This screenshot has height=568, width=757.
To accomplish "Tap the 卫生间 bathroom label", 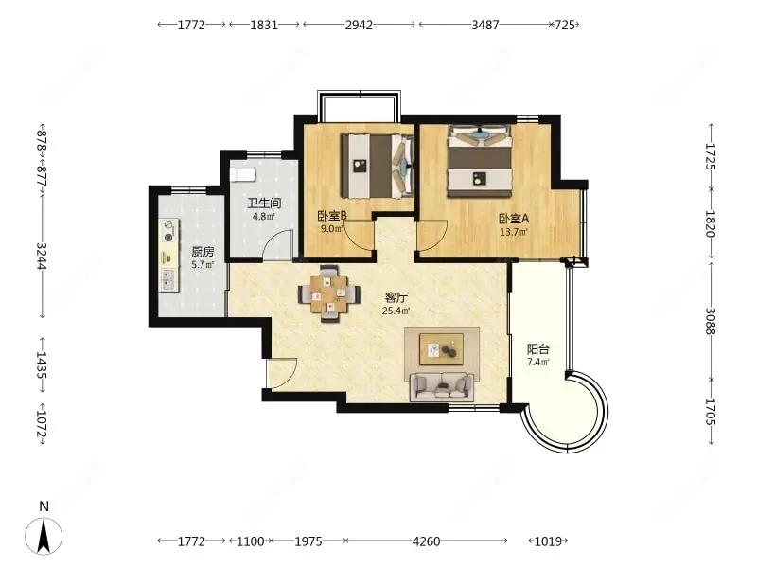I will [x=264, y=203].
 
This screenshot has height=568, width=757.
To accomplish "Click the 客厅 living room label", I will [x=396, y=296].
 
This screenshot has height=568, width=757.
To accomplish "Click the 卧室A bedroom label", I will [x=514, y=218].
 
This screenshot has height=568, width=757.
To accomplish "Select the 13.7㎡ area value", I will [x=514, y=231].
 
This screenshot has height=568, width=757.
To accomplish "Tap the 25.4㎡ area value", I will [x=396, y=310].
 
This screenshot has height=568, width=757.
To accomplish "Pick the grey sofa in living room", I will [x=442, y=385].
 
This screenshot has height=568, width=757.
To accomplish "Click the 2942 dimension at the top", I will [x=359, y=26].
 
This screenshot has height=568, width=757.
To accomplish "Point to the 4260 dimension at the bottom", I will [x=427, y=541].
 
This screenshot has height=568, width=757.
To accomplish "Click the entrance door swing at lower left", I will [x=281, y=374].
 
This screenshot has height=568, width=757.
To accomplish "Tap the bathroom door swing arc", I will [x=279, y=243].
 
